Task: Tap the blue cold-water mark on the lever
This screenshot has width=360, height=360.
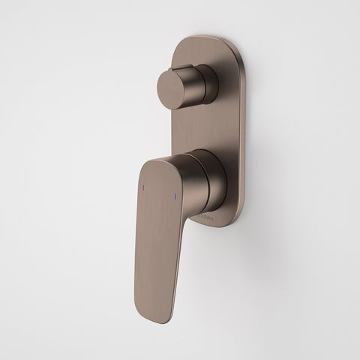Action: pos(177,197)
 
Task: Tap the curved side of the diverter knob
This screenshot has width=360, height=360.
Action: pos(196,87)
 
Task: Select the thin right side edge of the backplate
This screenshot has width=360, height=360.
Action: pos(239,135)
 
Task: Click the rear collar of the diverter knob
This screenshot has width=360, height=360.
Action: pos(211,83)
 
